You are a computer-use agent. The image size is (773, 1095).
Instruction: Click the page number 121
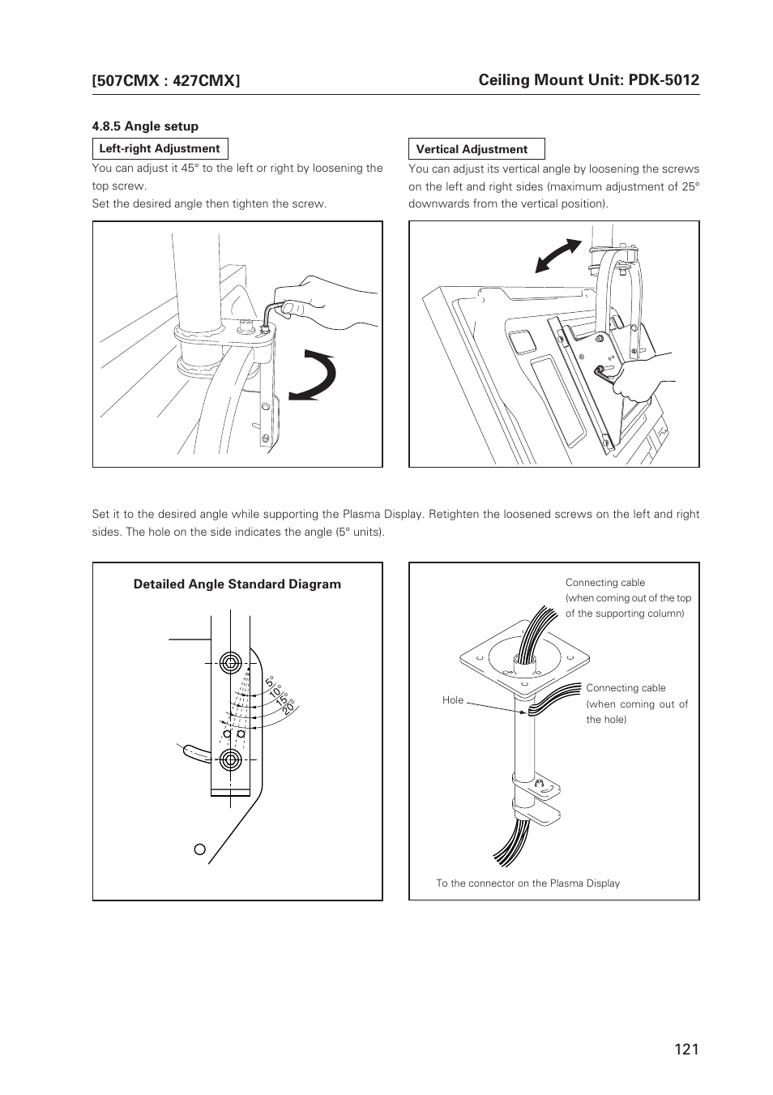coord(685,1050)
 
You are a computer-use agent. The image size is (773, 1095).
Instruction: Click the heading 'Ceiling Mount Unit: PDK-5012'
coord(588,79)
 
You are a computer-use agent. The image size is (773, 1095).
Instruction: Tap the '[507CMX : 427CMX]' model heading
coord(166,80)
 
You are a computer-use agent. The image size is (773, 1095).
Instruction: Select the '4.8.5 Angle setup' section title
coord(145,126)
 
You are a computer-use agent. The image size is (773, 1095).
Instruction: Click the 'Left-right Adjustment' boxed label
coord(160,149)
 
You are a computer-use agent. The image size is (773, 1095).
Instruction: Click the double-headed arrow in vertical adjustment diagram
coord(558,257)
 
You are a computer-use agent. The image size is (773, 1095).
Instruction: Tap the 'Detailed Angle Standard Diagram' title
coord(237,584)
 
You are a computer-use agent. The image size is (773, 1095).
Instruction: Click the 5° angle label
coord(270,682)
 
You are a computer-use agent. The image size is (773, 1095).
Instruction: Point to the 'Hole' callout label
coord(453,700)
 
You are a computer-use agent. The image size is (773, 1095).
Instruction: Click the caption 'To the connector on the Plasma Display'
coord(527,883)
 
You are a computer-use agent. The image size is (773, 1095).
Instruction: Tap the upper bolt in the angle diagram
coord(230,661)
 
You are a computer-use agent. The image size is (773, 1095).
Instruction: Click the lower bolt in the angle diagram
coord(230,759)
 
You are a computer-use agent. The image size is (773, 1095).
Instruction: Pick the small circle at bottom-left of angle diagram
coord(199,849)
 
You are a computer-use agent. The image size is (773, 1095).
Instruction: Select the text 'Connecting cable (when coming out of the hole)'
coord(637,704)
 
